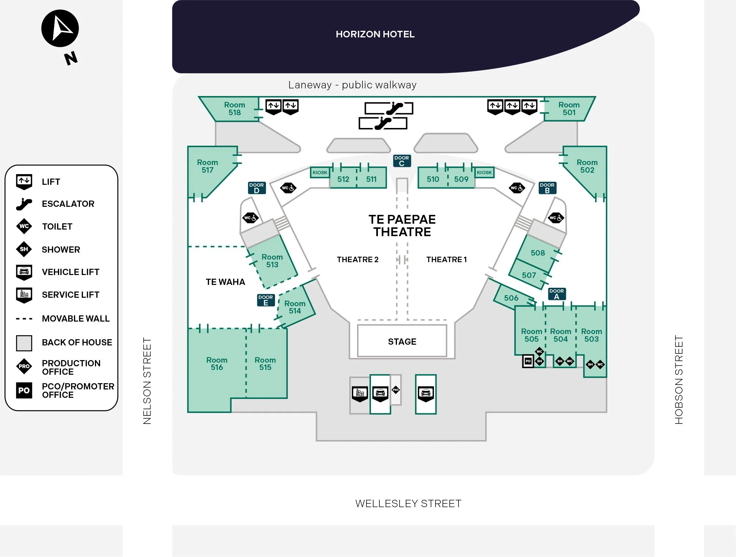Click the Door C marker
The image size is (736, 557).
coord(402,161)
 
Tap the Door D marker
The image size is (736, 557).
coord(257,188)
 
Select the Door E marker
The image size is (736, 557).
coord(266,300)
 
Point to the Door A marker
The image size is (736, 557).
coord(557,294)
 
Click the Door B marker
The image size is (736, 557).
coord(547,188)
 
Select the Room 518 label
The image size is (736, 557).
coord(235,109)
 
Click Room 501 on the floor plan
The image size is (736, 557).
coord(569,109)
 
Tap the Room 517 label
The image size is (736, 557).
coord(207,166)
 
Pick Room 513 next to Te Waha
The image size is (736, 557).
coord(272,261)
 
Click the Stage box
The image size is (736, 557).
coord(402,341)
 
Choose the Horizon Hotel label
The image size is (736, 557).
coord(375,34)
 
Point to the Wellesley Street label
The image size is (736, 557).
coord(408,503)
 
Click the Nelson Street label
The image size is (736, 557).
coord(147,381)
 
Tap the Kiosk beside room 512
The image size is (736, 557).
coord(320,172)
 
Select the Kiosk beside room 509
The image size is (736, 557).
coord(484,172)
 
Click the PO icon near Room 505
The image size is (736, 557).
coord(528,361)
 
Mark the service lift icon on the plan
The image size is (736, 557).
coord(360,394)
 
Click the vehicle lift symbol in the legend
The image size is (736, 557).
coord(24,272)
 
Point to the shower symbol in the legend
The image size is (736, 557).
coord(24,249)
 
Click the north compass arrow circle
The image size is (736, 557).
coord(60,28)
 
